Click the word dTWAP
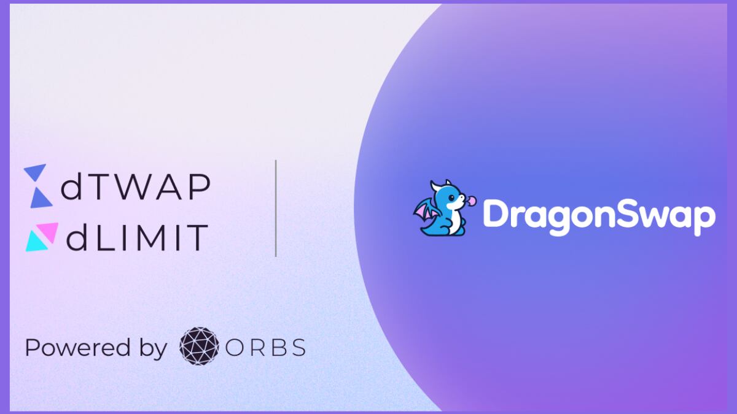(136, 186)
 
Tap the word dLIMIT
(136, 237)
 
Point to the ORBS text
(265, 348)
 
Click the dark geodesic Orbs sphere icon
(199, 346)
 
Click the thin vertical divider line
(276, 209)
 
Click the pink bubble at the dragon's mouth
(472, 201)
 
